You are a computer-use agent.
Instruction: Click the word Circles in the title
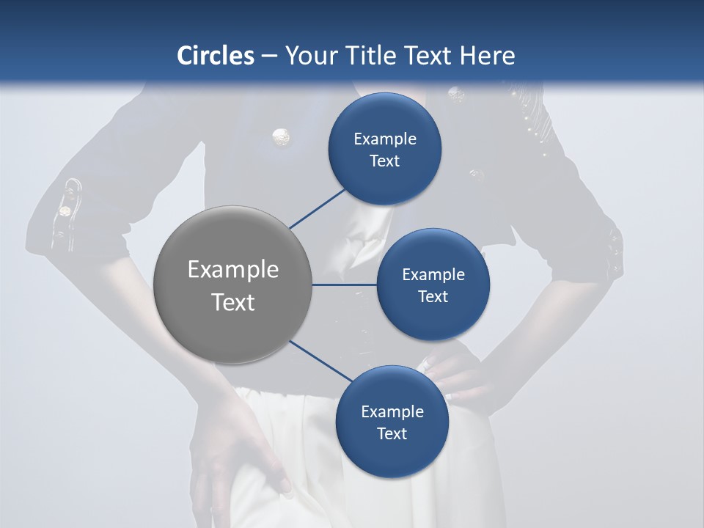pyautogui.click(x=215, y=56)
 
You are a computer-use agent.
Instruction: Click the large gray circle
pyautogui.click(x=233, y=285)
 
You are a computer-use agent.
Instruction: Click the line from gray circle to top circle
pyautogui.click(x=318, y=207)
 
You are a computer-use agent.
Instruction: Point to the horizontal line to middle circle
pyautogui.click(x=344, y=285)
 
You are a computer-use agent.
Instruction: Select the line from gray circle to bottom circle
pyautogui.click(x=321, y=362)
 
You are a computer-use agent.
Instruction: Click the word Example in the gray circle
pyautogui.click(x=233, y=269)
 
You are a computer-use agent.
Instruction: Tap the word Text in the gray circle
pyautogui.click(x=233, y=301)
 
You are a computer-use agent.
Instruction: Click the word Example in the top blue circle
pyautogui.click(x=385, y=139)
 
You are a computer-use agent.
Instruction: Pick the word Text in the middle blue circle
pyautogui.click(x=433, y=296)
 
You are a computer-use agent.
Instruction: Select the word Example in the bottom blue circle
pyautogui.click(x=392, y=411)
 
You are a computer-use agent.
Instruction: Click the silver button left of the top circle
pyautogui.click(x=281, y=136)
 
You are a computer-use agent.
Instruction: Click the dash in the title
pyautogui.click(x=269, y=56)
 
